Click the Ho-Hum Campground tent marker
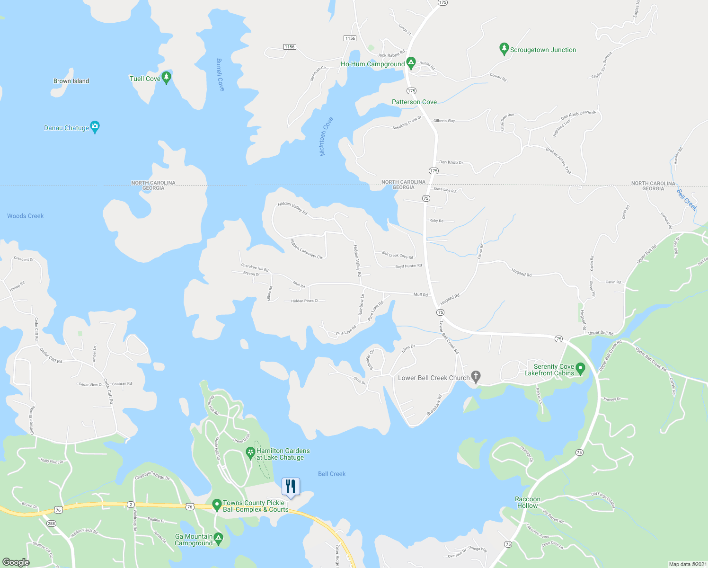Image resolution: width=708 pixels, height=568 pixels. [411, 62]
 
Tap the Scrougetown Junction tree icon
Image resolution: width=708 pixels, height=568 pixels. [504, 49]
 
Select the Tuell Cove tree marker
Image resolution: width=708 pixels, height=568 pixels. [166, 78]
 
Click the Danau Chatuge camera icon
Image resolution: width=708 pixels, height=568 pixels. [95, 127]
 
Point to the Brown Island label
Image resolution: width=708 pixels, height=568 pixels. [71, 81]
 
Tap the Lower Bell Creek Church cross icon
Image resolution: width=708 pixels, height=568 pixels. [476, 377]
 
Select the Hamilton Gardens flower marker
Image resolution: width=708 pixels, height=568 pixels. [251, 453]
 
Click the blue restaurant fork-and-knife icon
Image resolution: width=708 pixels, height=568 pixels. [291, 487]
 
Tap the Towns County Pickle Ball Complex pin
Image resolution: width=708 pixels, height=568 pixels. [217, 505]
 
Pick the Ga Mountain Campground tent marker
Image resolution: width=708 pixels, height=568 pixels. [218, 538]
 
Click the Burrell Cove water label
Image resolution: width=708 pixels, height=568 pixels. [220, 75]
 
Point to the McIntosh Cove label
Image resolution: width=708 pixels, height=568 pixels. [326, 136]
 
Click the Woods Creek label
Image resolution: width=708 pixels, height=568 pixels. [25, 216]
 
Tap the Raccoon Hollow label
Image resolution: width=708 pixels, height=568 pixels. [528, 502]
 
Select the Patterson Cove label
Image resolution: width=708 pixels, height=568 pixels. [414, 102]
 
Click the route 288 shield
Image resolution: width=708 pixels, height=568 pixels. [51, 523]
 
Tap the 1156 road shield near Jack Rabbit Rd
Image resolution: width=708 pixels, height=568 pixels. [350, 38]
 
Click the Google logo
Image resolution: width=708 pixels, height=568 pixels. [16, 562]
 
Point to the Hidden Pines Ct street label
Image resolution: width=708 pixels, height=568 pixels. [305, 301]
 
